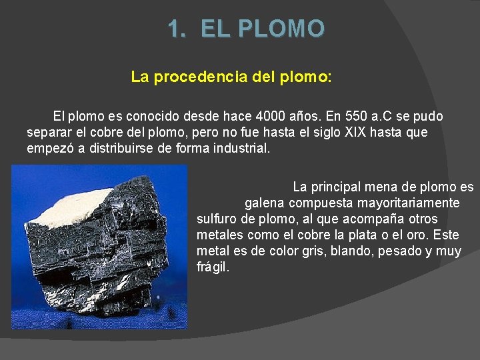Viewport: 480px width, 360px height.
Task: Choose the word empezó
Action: tap(50, 148)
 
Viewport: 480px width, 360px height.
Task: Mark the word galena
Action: tap(264, 203)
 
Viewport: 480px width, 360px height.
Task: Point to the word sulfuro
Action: tap(217, 219)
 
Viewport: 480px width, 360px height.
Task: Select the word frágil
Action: tap(212, 267)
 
